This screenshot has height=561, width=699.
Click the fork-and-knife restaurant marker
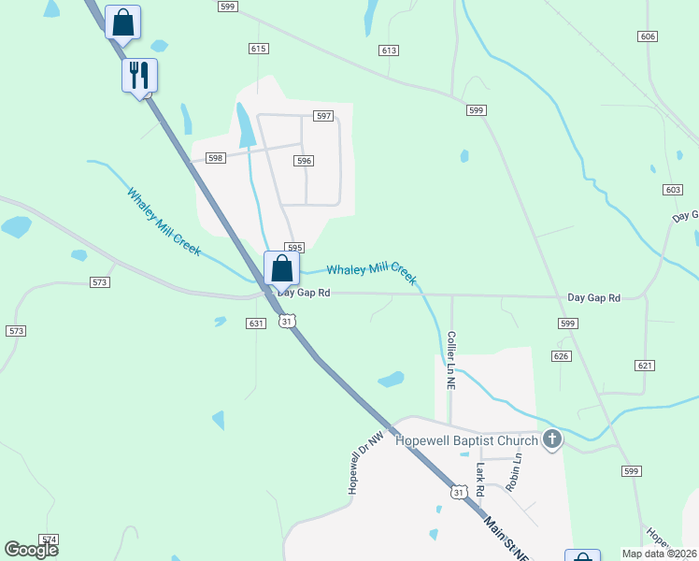pyautogui.click(x=139, y=75)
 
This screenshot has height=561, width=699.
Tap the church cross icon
pyautogui.click(x=552, y=439)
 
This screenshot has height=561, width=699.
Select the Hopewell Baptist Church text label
pyautogui.click(x=466, y=440)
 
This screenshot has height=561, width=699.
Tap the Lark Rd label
pyautogui.click(x=480, y=479)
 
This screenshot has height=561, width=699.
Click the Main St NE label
pyautogui.click(x=506, y=539)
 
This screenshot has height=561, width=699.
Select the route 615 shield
pyautogui.click(x=259, y=49)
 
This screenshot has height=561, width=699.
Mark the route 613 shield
pyautogui.click(x=390, y=50)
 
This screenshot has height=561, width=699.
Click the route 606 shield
pyautogui.click(x=648, y=36)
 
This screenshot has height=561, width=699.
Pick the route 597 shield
pyautogui.click(x=323, y=116)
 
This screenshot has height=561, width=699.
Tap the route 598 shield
pyautogui.click(x=215, y=159)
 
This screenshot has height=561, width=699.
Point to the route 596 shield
pyautogui.click(x=303, y=161)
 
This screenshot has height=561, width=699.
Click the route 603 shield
pyautogui.click(x=672, y=190)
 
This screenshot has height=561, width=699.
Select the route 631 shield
pyautogui.click(x=256, y=324)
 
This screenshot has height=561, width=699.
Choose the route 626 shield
pyautogui.click(x=561, y=356)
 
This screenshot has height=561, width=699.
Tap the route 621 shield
pyautogui.click(x=643, y=365)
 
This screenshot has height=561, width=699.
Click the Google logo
pyautogui.click(x=32, y=550)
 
